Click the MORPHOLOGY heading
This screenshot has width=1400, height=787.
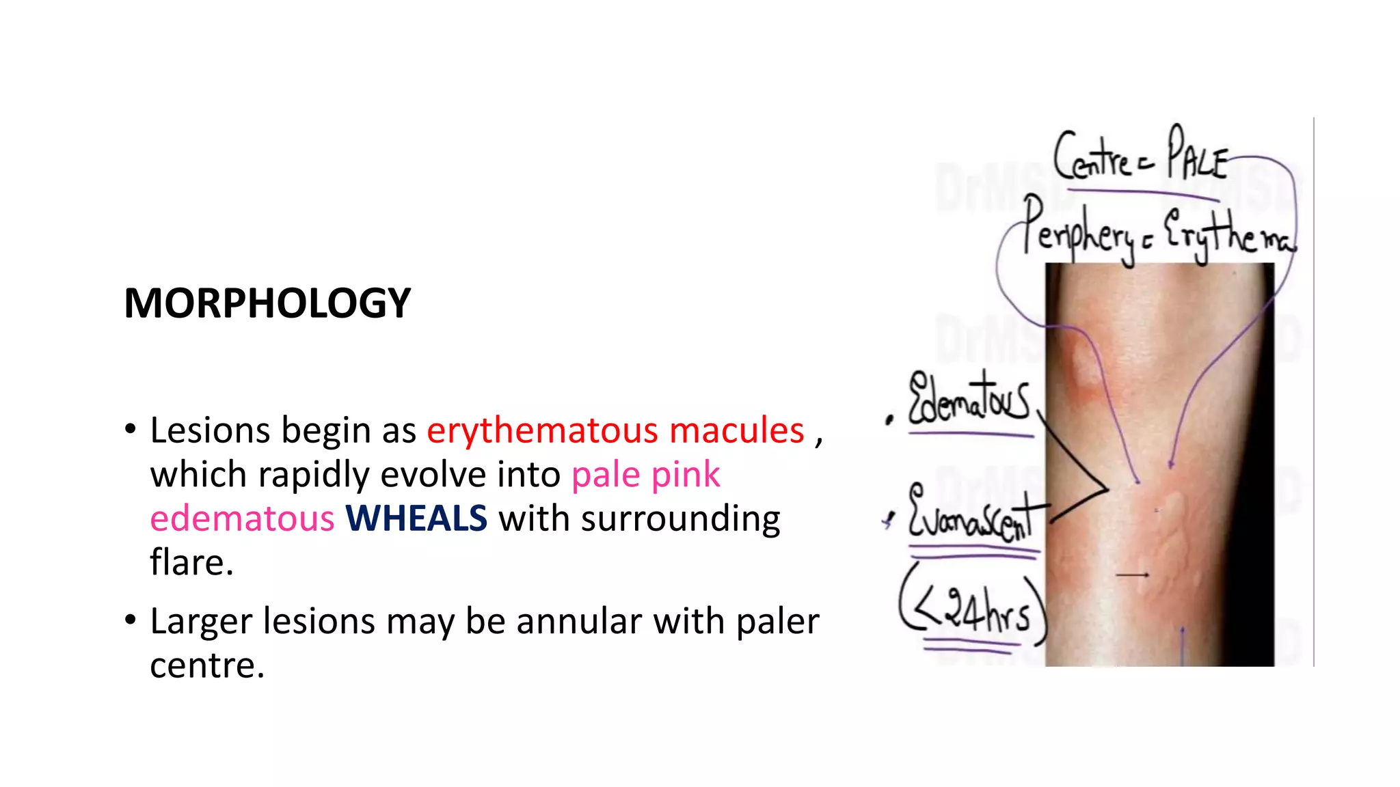[267, 303]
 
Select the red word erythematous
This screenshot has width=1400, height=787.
[542, 430]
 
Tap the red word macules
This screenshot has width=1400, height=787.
[736, 430]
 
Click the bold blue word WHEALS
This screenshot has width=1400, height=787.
[416, 518]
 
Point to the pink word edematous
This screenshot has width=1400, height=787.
[242, 518]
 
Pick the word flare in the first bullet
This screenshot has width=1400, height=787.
[191, 562]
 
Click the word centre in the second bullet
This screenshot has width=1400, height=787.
[206, 665]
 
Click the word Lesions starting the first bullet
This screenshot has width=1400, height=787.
[210, 430]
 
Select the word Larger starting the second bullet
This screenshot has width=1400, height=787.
[201, 621]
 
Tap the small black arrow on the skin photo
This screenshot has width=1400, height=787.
[1132, 575]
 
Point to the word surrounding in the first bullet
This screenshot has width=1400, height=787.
[680, 518]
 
